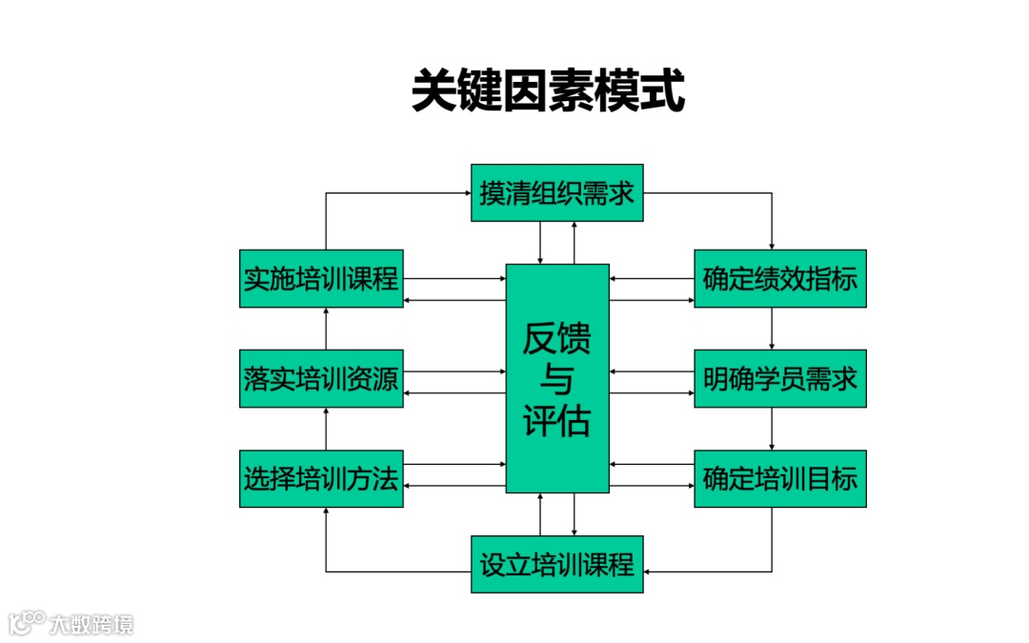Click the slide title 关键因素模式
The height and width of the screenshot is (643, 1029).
(548, 90)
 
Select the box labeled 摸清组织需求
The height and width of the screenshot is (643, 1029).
(556, 193)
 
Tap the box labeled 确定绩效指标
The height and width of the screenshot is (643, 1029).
(779, 279)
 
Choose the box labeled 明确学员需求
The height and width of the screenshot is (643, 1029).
(779, 378)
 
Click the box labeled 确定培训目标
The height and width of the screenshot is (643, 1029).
(779, 478)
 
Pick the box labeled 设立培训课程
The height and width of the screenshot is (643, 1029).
(556, 564)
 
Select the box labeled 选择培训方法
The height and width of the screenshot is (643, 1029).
(320, 478)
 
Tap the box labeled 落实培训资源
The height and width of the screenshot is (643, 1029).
(320, 378)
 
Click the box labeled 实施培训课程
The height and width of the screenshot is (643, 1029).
(320, 279)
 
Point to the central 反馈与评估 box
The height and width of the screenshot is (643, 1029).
(556, 378)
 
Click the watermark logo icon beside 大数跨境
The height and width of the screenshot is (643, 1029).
(27, 623)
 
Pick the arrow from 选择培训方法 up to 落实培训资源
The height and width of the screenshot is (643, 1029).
(326, 428)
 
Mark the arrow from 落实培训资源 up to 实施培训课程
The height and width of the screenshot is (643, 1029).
(326, 329)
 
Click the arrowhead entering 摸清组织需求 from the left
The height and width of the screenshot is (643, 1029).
(466, 193)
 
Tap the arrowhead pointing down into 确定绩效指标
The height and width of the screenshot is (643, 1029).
(772, 246)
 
